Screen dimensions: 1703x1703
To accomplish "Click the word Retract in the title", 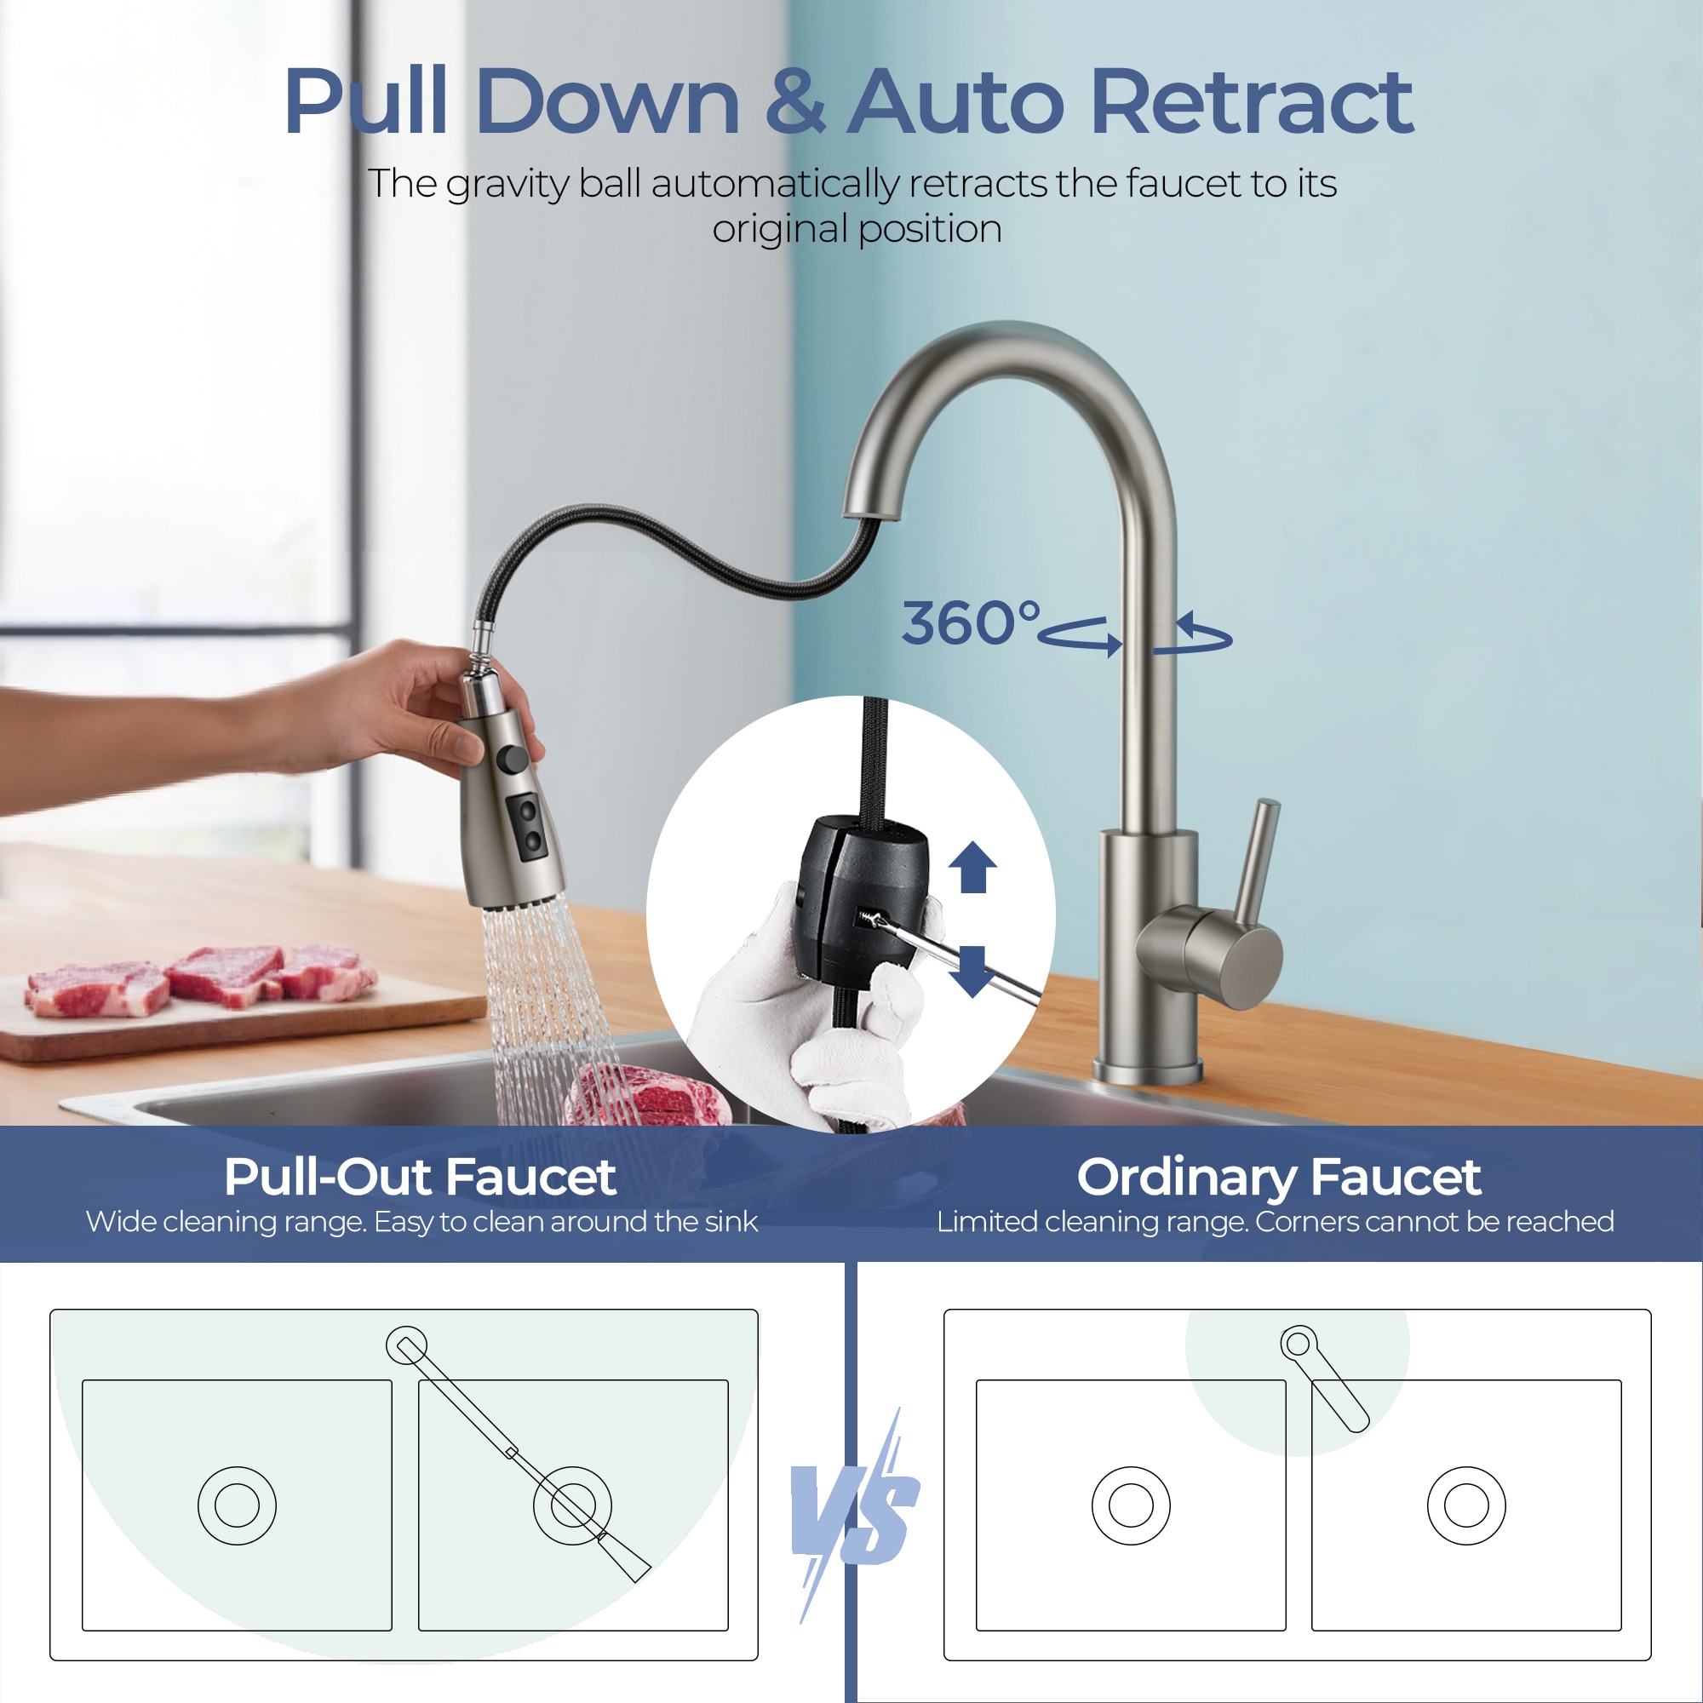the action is [1252, 102].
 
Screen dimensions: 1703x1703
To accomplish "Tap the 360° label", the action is [971, 623].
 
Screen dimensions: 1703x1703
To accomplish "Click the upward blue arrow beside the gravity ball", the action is [972, 867].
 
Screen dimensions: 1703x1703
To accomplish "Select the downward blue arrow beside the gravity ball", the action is [972, 972].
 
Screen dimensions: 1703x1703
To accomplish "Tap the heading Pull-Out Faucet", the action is [420, 1177].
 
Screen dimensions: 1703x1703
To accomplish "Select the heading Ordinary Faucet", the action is [1279, 1177].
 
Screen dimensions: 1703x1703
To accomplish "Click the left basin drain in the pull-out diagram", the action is [236, 1505].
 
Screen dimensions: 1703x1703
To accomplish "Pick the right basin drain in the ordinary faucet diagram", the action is [1466, 1505].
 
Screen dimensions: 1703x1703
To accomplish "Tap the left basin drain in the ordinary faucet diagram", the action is [1131, 1505].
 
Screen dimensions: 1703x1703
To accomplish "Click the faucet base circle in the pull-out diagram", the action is [406, 1345].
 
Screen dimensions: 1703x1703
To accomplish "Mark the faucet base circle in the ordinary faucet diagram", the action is [1298, 1345].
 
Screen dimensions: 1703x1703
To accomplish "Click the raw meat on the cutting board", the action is [198, 980].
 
